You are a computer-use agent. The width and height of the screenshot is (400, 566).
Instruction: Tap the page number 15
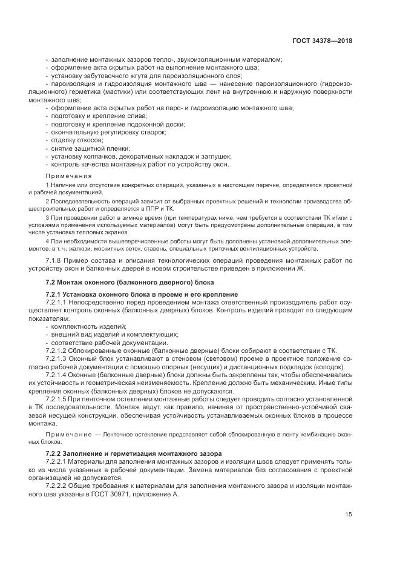[x=349, y=515]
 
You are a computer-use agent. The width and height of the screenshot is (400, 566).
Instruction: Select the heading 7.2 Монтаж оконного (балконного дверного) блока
[x=121, y=283]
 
